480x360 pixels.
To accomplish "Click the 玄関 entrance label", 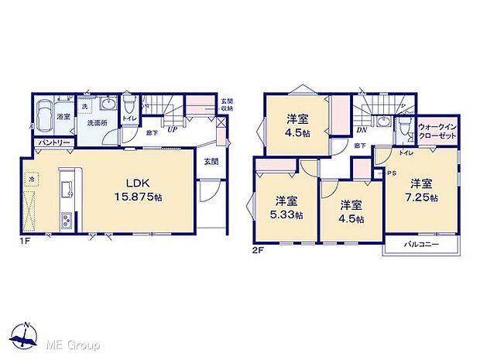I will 211,161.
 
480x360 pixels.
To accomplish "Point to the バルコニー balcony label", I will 421,245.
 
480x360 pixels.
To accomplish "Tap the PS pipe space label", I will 391,173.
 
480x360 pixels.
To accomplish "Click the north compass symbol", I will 26,335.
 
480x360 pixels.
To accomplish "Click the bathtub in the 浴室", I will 43,116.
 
